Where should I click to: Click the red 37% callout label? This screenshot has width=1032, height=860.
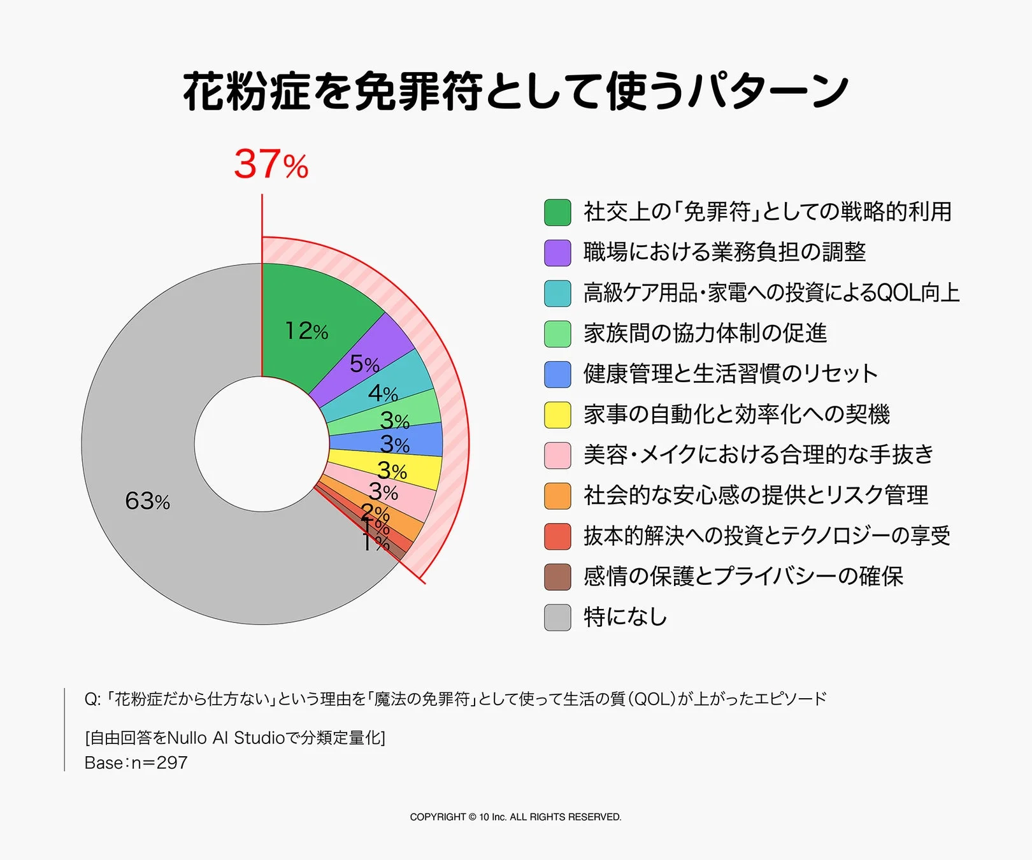pos(271,164)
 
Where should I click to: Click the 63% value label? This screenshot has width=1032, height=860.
pos(147,501)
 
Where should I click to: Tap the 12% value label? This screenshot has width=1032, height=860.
pos(306,331)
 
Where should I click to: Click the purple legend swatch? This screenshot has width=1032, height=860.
pos(557,253)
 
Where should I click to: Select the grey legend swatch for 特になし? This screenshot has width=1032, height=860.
pos(557,617)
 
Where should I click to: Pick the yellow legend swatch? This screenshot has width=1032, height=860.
pos(557,415)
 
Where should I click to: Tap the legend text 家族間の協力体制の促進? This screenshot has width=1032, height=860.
pos(705,333)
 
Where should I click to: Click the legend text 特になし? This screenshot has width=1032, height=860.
pos(626,617)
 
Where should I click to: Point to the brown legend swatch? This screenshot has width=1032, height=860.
pos(557,577)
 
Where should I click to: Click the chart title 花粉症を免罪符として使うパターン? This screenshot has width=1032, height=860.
pos(515,91)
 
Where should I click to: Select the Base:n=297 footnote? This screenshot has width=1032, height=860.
pos(136,763)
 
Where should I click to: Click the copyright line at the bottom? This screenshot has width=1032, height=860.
pos(515,817)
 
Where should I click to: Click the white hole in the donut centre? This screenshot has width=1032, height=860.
pos(261,444)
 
